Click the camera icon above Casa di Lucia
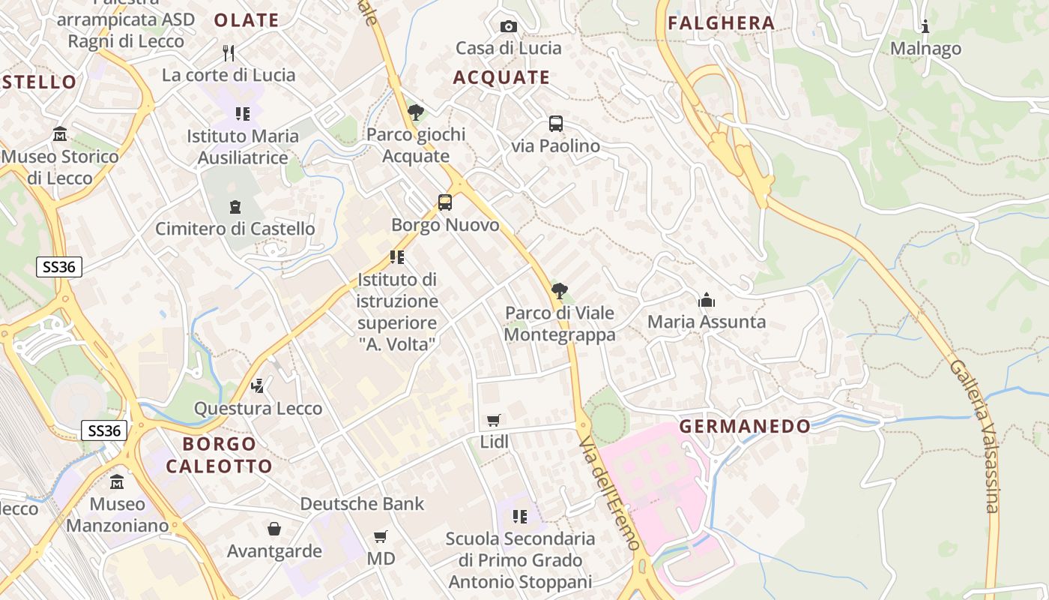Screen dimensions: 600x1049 tap(509, 27)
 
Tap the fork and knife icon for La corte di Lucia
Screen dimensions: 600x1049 tap(229, 52)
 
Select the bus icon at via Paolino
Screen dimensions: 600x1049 tap(556, 124)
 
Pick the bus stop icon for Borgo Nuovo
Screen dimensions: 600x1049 tap(445, 202)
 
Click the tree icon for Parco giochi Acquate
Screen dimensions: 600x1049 tap(416, 112)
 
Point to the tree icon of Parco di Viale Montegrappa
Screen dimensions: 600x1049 tap(559, 291)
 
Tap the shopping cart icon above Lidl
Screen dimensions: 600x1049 tap(493, 420)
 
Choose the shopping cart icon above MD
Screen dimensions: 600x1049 tap(381, 536)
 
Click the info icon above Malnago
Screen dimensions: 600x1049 tap(925, 27)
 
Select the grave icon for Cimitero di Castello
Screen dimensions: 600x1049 tap(235, 206)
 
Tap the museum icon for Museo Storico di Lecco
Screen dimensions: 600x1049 tap(60, 134)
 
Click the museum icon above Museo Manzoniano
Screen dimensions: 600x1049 tap(117, 481)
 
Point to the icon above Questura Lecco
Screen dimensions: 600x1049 tap(258, 386)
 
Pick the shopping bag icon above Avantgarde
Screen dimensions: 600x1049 tap(274, 529)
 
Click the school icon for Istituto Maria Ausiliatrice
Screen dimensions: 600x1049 tap(242, 114)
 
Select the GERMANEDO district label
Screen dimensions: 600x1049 tap(745, 427)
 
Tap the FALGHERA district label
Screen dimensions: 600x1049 tap(721, 23)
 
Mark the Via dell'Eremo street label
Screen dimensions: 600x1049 tap(611, 495)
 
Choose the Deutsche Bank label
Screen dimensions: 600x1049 tap(362, 504)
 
